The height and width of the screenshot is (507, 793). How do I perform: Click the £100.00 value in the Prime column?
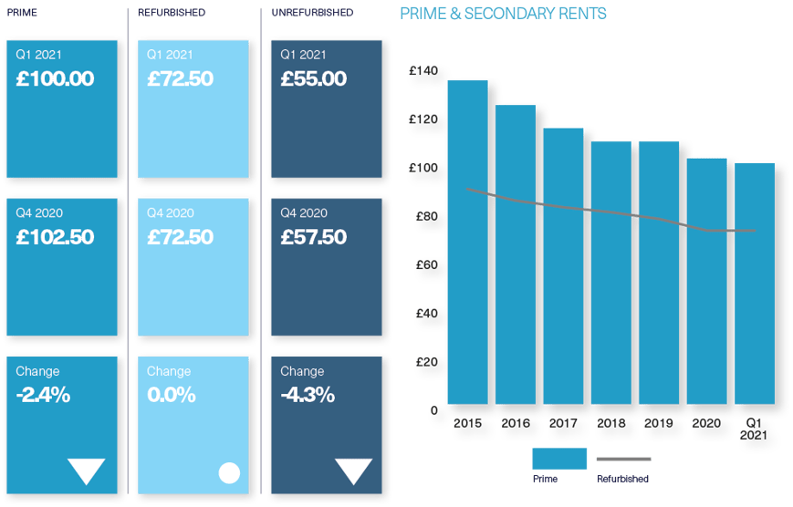(x=56, y=79)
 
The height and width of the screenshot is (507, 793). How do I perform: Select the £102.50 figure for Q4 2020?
(x=56, y=238)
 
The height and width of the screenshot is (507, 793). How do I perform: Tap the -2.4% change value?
(x=44, y=396)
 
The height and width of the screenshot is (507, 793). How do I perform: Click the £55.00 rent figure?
(x=314, y=79)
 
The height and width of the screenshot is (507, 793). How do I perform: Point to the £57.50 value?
(x=314, y=238)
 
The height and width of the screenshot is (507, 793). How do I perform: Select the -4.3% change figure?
(x=308, y=396)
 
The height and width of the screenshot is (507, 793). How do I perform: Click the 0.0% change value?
(x=172, y=396)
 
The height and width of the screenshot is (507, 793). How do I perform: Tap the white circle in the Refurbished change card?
(x=229, y=472)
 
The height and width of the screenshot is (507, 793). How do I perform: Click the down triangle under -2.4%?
(x=87, y=471)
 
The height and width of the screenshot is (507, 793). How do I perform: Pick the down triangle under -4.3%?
(x=353, y=471)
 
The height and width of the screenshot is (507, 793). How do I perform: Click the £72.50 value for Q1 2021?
(x=181, y=79)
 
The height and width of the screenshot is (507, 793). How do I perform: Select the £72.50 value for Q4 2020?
(x=181, y=238)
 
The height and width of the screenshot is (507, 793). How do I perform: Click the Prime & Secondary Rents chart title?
(x=504, y=14)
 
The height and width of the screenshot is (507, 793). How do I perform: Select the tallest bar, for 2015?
(x=468, y=242)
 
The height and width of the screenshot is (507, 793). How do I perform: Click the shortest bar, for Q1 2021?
(x=755, y=283)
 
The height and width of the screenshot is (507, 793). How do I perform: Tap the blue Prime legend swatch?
(x=558, y=458)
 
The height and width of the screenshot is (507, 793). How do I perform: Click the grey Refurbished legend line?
(x=623, y=459)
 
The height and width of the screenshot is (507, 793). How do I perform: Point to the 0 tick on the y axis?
(x=435, y=409)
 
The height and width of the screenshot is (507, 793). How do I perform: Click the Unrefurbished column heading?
(x=312, y=13)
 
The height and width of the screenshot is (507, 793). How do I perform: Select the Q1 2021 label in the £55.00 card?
(x=303, y=55)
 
